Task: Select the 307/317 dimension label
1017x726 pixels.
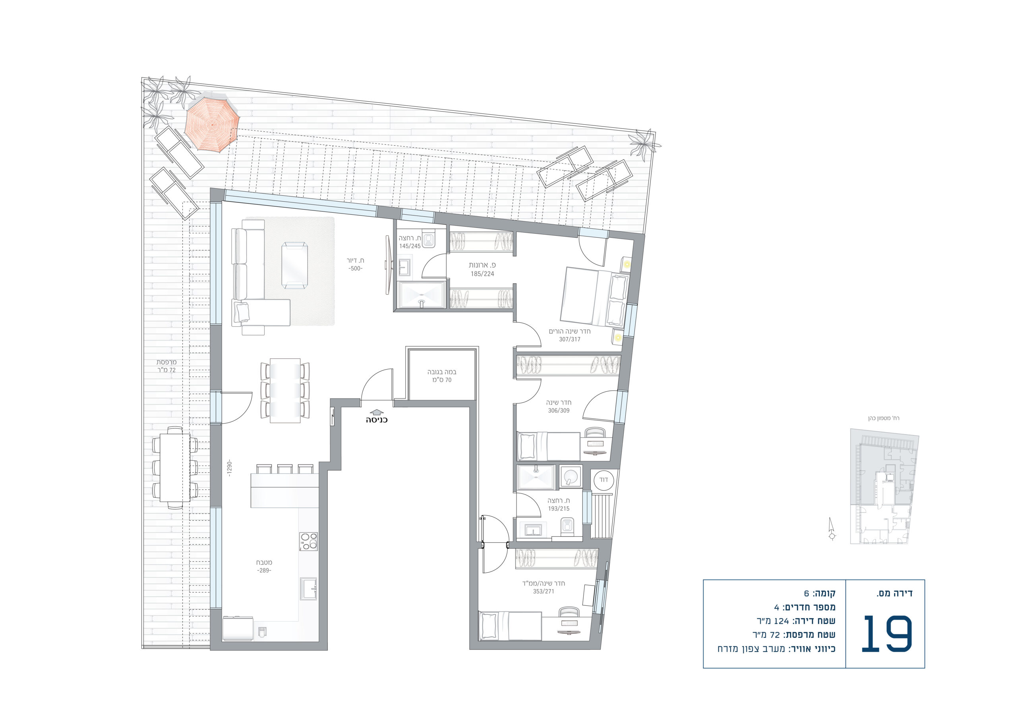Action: coord(570,339)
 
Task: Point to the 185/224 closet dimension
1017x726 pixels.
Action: coord(482,273)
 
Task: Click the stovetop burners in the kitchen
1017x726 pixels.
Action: coord(308,541)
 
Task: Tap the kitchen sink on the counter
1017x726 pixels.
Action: coord(309,588)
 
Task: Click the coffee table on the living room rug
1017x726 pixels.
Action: coord(294,265)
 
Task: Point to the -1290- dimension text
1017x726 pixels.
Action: coord(230,468)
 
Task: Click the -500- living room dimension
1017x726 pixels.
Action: coord(355,269)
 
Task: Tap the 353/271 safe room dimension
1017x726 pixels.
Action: coord(543,591)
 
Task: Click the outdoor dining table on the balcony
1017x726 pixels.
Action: coord(175,467)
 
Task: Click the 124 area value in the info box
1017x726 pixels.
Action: coord(781,621)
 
